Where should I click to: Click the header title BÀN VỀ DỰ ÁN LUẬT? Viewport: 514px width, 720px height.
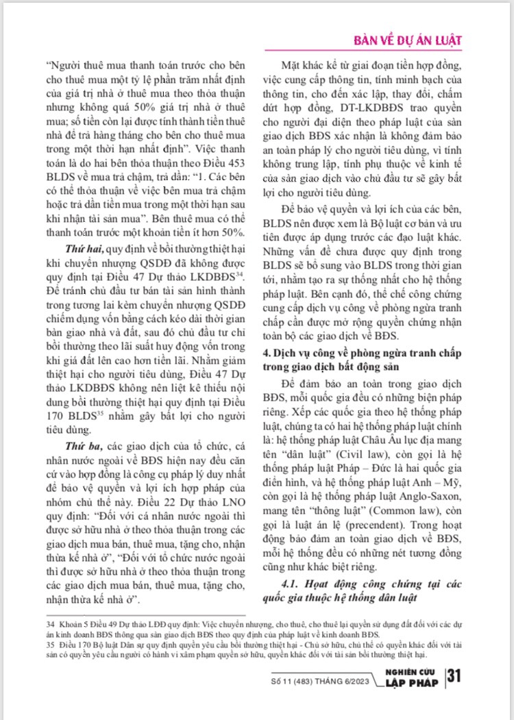[406, 40]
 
